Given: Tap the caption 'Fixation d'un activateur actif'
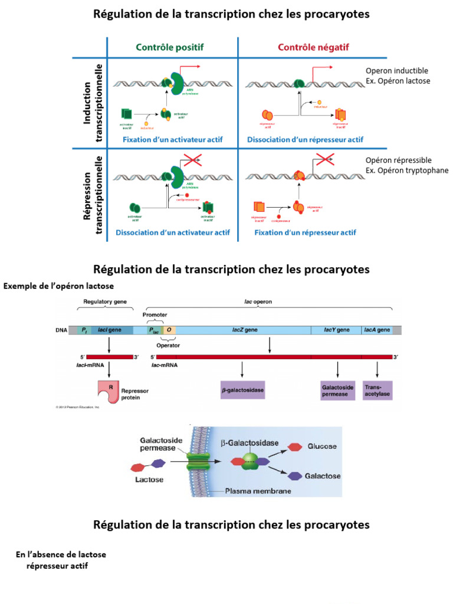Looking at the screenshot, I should click(x=172, y=140).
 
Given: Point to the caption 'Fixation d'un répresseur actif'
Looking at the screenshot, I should click(x=305, y=232).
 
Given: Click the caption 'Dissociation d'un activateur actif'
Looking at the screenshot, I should click(x=172, y=232).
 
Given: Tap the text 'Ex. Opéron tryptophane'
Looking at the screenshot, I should click(x=407, y=170).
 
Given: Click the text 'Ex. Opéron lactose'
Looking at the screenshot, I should click(x=398, y=81).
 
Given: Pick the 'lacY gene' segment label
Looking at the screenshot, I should click(x=337, y=330).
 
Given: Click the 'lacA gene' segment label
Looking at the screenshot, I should click(x=377, y=330).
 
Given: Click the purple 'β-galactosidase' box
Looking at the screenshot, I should click(x=242, y=390).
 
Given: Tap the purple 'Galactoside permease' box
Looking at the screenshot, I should click(x=337, y=390).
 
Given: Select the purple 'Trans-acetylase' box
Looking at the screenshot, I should click(x=377, y=390).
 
